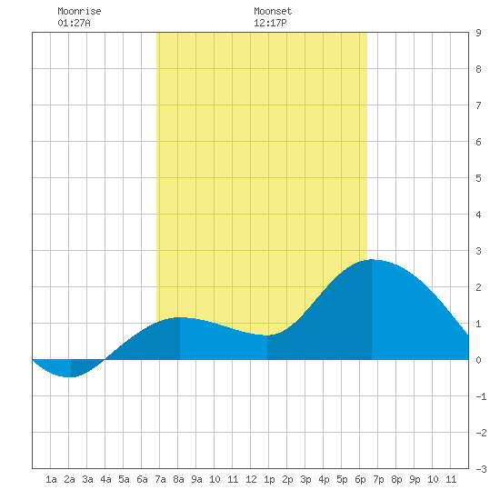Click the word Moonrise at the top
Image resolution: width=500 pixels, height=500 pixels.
(79, 11)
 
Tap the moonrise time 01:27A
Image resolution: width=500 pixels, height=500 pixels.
(74, 23)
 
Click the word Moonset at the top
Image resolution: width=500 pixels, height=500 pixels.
(273, 11)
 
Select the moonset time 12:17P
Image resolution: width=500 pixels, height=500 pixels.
(270, 23)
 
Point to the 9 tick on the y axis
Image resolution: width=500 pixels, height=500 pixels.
(478, 33)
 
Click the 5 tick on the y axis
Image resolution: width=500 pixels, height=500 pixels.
(478, 178)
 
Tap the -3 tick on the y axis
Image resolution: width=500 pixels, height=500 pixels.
(481, 469)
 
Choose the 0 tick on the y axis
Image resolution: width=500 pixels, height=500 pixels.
(478, 360)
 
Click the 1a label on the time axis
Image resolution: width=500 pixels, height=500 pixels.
(51, 479)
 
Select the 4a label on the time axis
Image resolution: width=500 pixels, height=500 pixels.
(105, 479)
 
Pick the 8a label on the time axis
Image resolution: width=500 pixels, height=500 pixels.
(178, 479)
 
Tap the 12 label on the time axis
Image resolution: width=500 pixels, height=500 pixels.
(251, 479)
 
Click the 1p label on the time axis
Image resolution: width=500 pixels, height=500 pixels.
(269, 479)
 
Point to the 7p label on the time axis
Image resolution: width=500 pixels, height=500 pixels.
(378, 479)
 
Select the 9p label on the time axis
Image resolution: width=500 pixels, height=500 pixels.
(415, 479)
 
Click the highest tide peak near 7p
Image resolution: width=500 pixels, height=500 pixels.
(372, 260)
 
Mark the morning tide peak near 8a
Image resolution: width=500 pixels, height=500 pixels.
(179, 317)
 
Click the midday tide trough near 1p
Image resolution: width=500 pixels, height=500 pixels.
(267, 335)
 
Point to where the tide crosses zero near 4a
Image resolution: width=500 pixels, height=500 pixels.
(105, 359)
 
